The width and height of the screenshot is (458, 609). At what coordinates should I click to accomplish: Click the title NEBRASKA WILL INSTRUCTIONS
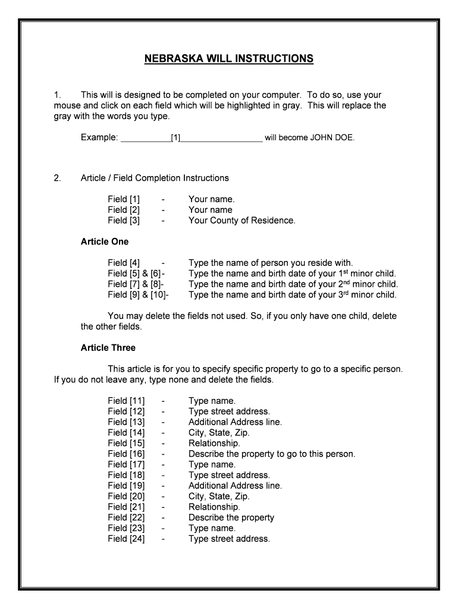pyautogui.click(x=228, y=58)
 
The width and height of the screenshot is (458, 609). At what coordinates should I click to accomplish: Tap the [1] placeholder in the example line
pyautogui.click(x=175, y=138)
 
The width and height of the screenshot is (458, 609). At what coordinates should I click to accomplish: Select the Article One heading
pyautogui.click(x=105, y=242)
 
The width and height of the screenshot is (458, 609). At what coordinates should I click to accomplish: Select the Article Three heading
pyautogui.click(x=108, y=348)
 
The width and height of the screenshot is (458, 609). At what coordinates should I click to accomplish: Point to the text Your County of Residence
pyautogui.click(x=241, y=221)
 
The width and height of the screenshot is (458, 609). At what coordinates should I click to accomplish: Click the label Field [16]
pyautogui.click(x=126, y=454)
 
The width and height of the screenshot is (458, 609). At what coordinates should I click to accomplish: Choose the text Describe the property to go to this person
pyautogui.click(x=272, y=454)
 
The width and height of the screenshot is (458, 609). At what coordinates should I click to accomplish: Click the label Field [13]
pyautogui.click(x=126, y=422)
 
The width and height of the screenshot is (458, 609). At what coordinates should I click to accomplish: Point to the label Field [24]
pyautogui.click(x=126, y=539)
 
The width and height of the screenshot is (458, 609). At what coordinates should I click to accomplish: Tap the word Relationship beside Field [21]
pyautogui.click(x=214, y=507)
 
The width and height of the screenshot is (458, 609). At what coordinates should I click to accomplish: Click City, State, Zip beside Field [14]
pyautogui.click(x=219, y=433)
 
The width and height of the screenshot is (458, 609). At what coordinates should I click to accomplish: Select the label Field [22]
pyautogui.click(x=126, y=517)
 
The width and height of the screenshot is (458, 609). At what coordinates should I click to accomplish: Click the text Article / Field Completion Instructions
pyautogui.click(x=155, y=178)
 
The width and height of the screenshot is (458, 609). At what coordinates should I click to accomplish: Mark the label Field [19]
pyautogui.click(x=126, y=486)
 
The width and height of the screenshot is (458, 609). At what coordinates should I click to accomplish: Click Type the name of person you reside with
pyautogui.click(x=271, y=263)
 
